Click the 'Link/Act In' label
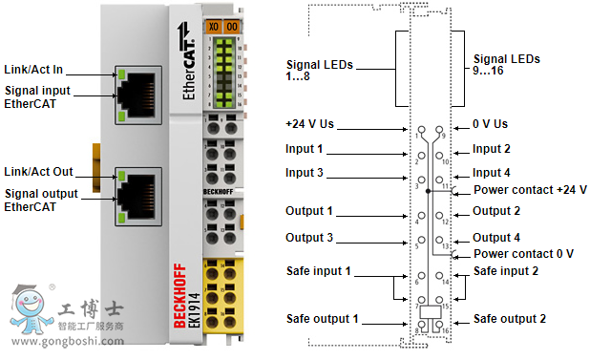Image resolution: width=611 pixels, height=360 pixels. coord(33,70)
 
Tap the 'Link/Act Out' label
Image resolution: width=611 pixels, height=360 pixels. coord(38,172)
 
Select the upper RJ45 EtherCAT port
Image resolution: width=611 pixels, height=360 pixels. coord(138,95)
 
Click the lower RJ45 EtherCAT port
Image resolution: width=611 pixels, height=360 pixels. coord(138,197)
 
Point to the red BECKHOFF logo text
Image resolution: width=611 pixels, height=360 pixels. coord(179,296)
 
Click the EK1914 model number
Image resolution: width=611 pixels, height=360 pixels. coord(194,310)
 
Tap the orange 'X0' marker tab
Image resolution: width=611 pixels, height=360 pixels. coord(214,27)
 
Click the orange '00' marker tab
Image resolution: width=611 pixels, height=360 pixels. coord(232,27)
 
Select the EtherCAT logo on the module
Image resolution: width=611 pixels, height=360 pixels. coord(186,61)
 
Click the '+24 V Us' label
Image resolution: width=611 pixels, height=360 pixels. coord(309,124)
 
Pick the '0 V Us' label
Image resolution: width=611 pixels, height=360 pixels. coord(490,124)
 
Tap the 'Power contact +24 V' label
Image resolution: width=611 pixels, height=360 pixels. coord(531,190)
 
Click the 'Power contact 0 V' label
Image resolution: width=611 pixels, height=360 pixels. coord(524,254)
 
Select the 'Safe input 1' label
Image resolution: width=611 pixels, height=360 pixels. coord(319,271)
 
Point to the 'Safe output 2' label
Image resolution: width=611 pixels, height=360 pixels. coord(510,319)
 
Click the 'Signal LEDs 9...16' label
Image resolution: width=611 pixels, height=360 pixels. coord(507,65)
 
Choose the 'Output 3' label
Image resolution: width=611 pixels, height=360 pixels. coord(309,237)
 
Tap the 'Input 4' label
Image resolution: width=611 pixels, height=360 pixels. coord(492,172)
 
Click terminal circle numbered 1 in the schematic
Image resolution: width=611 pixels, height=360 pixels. coord(422,129)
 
